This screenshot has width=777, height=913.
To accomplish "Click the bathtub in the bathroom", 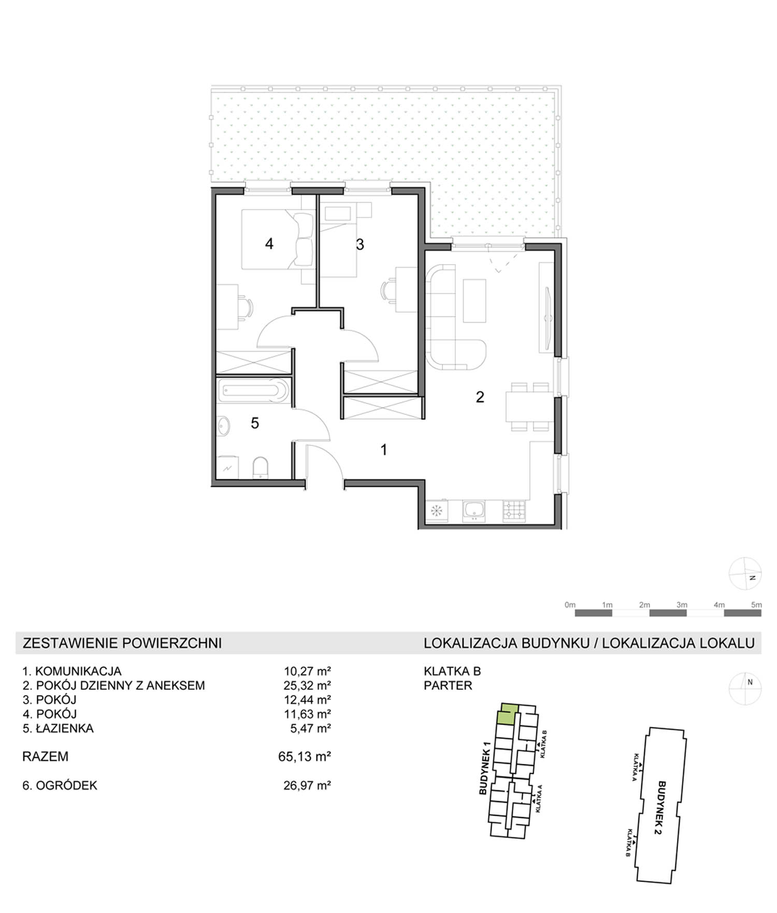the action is pyautogui.click(x=253, y=391).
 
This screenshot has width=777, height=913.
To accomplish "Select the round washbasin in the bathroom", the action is pyautogui.click(x=224, y=426).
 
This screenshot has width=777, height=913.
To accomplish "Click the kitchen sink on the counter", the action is pyautogui.click(x=474, y=510).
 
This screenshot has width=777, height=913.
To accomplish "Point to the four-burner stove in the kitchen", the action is pyautogui.click(x=514, y=510).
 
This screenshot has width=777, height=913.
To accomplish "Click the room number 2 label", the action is pyautogui.click(x=480, y=397).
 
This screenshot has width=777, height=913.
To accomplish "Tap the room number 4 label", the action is pyautogui.click(x=269, y=243).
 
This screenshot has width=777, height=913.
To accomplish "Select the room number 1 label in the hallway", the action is pyautogui.click(x=383, y=450).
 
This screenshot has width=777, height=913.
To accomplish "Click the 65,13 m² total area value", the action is pyautogui.click(x=305, y=757).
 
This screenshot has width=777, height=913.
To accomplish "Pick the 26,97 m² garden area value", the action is pyautogui.click(x=307, y=785).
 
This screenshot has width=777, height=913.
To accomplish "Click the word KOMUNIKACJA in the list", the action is pyautogui.click(x=78, y=671).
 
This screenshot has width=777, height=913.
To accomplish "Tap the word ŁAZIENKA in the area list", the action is pyautogui.click(x=65, y=728).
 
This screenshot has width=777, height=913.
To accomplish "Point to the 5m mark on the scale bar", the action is pyautogui.click(x=756, y=604).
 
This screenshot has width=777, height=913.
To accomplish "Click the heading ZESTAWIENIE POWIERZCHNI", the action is pyautogui.click(x=122, y=643).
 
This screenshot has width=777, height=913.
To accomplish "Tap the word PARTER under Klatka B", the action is pyautogui.click(x=448, y=686).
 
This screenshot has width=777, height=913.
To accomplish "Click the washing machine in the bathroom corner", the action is pyautogui.click(x=228, y=468).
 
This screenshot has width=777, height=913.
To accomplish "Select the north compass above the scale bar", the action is pyautogui.click(x=745, y=574).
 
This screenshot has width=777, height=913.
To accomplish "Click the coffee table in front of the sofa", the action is pyautogui.click(x=474, y=300).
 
